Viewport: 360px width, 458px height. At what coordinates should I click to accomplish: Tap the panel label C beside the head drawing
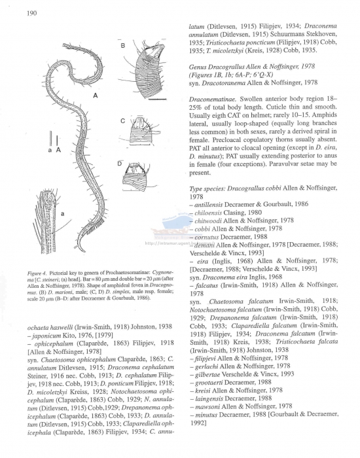122,121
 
